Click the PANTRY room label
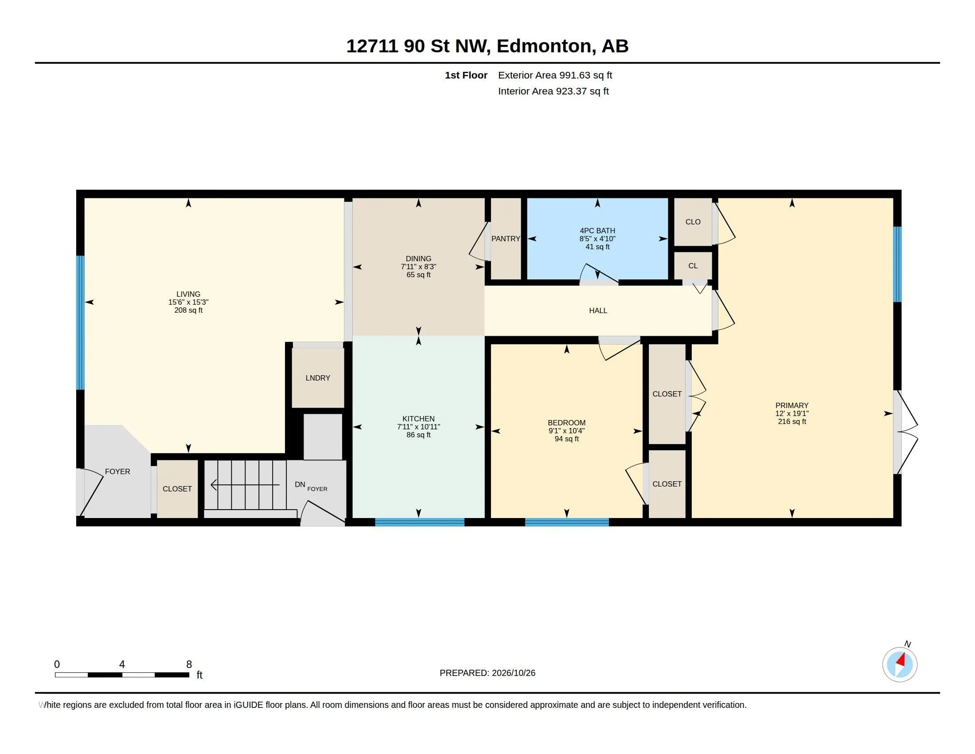(505, 239)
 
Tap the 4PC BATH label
(597, 231)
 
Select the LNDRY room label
(318, 378)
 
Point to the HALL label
(598, 310)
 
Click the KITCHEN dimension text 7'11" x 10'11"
(418, 427)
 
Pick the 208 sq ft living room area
(188, 310)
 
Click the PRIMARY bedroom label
(792, 405)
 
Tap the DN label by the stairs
(300, 484)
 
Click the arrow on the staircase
(245, 485)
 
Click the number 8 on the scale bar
(189, 664)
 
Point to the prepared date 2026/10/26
(513, 673)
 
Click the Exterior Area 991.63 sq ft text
(555, 75)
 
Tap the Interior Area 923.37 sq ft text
(553, 91)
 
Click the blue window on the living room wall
(80, 322)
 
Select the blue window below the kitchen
(420, 522)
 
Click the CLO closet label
(693, 222)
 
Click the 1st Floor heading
(466, 75)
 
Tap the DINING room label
(418, 259)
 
